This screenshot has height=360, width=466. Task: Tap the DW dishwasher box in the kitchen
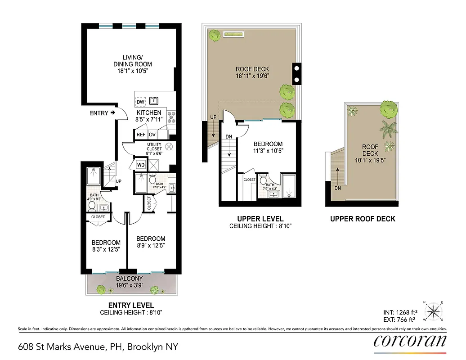point(140,102)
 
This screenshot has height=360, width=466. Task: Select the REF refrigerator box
point(141,134)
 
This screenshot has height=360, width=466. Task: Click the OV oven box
point(152,134)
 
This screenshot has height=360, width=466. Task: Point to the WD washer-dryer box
point(141,165)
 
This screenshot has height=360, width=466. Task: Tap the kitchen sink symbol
point(154,100)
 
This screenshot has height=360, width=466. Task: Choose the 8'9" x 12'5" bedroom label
point(151,242)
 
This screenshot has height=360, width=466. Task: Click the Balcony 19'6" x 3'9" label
point(130,282)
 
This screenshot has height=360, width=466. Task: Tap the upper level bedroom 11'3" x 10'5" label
point(268,147)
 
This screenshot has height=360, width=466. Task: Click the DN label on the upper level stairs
point(229,137)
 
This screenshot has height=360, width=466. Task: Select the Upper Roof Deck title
point(363,219)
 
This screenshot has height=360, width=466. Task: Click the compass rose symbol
point(434,310)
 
